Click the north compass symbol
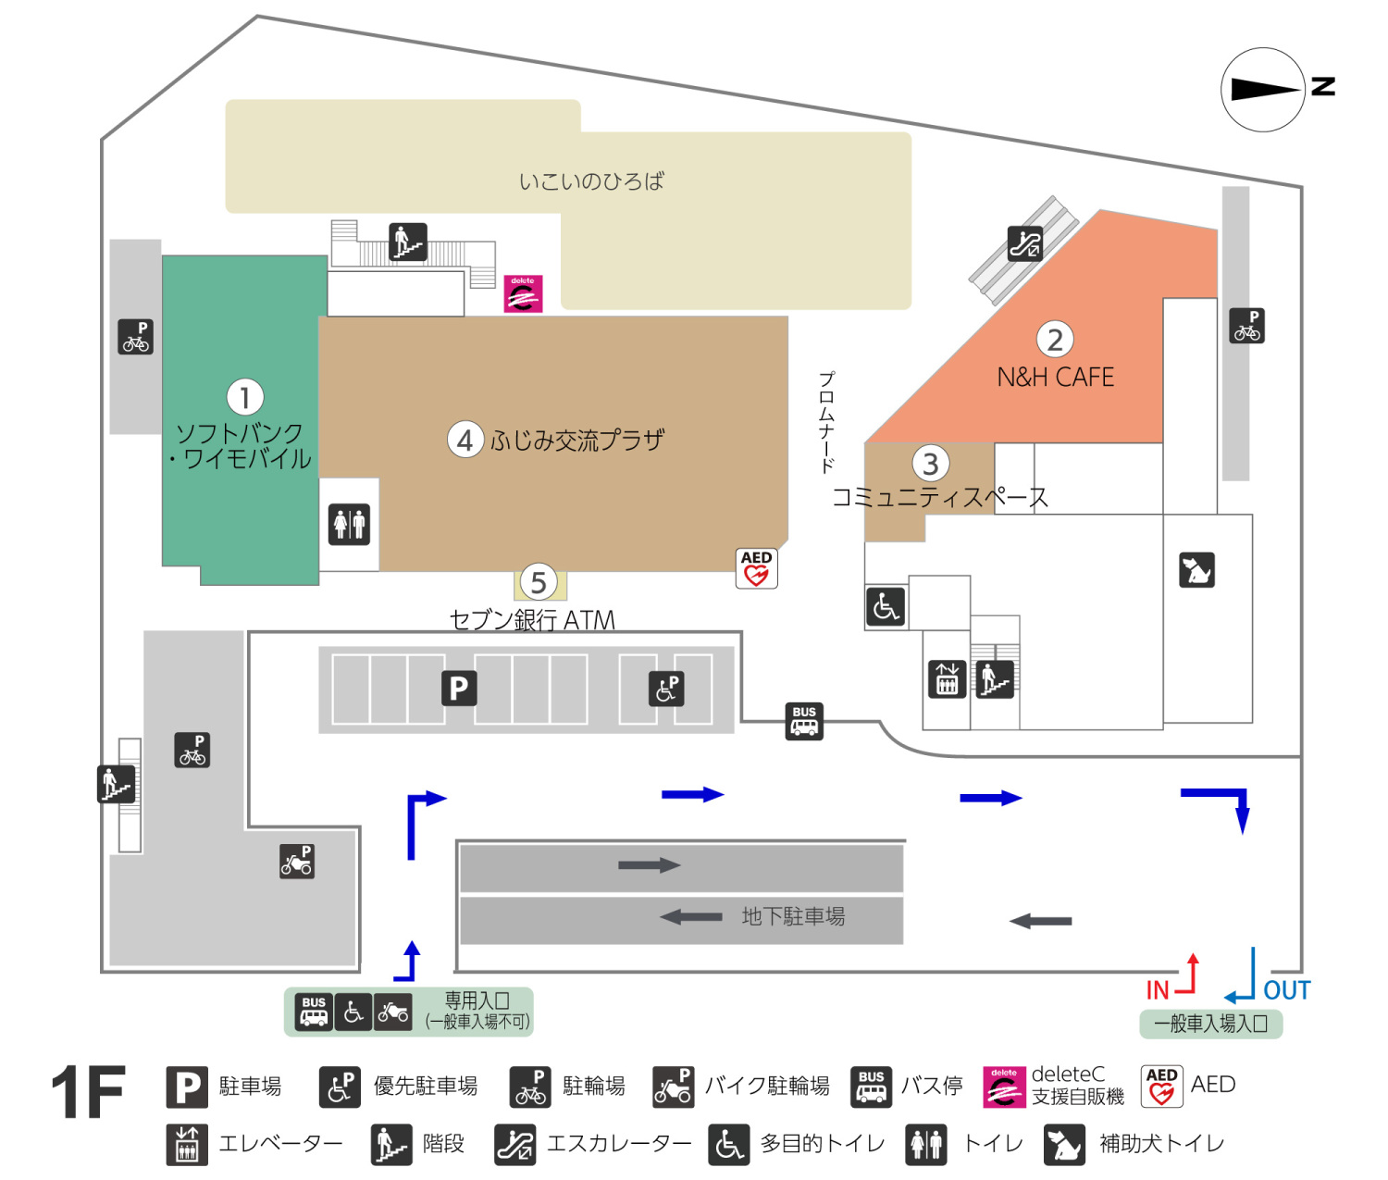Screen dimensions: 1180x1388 [x=1263, y=90]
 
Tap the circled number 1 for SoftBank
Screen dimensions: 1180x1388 [x=245, y=398]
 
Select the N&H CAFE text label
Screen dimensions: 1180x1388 [x=1055, y=378]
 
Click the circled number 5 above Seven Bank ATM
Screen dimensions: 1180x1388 [x=539, y=583]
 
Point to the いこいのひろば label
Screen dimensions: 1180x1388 [x=591, y=181]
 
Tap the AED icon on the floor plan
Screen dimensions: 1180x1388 [x=757, y=568]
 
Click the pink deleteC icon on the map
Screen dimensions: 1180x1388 [x=523, y=293]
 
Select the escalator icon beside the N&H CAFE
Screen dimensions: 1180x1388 [x=1024, y=243]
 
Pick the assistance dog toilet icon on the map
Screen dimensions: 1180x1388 [x=1196, y=570]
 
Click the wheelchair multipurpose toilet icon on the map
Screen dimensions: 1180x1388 [x=886, y=607]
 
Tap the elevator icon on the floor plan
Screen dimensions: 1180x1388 [x=947, y=679]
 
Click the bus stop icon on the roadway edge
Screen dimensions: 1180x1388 [x=804, y=721]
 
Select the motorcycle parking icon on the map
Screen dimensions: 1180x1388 [x=297, y=861]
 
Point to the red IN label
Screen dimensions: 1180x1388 [x=1158, y=990]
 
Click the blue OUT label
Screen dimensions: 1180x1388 [x=1286, y=990]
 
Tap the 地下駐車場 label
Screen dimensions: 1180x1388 [x=793, y=916]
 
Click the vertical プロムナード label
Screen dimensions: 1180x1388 [x=826, y=422]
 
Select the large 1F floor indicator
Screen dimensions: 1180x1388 [x=88, y=1092]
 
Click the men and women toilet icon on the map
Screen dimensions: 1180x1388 [x=350, y=524]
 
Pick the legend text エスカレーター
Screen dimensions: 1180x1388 [x=618, y=1144]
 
